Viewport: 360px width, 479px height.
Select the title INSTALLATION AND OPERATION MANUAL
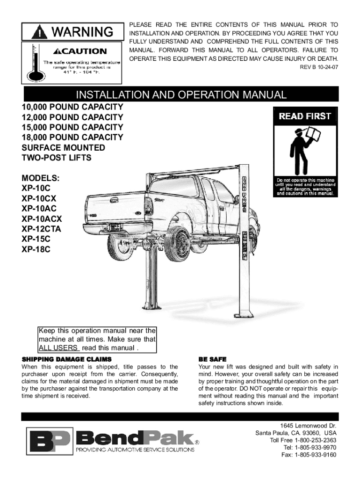point(181,95)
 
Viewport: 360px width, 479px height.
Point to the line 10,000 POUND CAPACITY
point(72,107)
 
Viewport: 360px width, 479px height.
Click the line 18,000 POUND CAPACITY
point(72,138)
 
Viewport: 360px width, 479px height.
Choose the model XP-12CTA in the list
point(41,229)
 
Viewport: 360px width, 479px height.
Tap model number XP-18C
point(36,250)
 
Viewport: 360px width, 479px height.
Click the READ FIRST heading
point(305,116)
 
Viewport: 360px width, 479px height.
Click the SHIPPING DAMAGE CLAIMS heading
point(67,359)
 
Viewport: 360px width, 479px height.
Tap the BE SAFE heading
point(212,359)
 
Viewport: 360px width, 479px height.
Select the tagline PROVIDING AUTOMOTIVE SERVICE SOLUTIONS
point(135,450)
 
